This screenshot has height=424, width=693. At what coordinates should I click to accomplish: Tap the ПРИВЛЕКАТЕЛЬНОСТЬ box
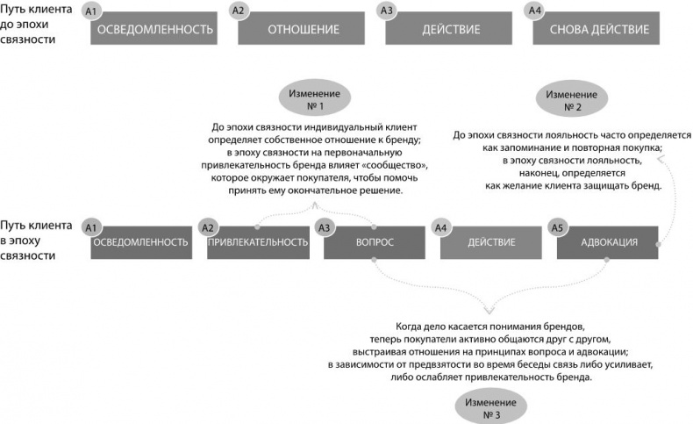pos(257,241)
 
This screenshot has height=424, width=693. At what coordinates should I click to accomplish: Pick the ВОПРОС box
pos(374,241)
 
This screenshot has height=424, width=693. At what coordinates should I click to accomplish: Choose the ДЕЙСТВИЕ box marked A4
pos(490,241)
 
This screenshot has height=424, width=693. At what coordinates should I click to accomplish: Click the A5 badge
pos(555,226)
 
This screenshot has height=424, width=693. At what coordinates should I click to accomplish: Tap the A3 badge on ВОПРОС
pos(323,226)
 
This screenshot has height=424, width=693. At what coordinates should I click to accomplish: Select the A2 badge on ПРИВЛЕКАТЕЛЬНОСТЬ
pos(207,226)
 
